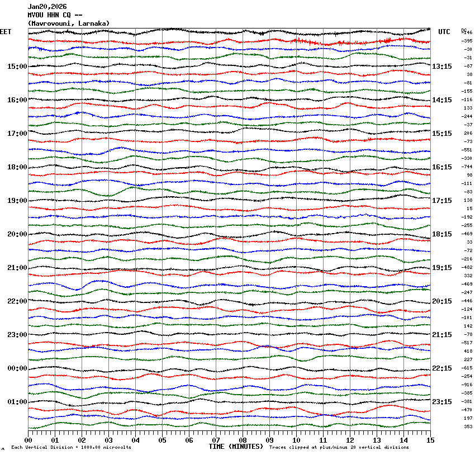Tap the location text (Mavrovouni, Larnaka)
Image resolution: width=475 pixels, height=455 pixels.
point(69,23)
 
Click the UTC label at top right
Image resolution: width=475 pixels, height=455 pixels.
point(444,32)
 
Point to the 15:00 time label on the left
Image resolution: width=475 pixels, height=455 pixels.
point(17,67)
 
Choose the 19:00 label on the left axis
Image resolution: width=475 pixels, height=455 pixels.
point(17,201)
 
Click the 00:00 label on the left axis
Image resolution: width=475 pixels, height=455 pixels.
point(17,368)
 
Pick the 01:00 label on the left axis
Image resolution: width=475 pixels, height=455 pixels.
point(17,402)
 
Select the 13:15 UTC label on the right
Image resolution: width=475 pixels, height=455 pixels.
point(442,67)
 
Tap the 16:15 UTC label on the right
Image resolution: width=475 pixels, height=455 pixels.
point(442,167)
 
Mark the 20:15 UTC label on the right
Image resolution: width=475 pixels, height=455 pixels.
point(442,301)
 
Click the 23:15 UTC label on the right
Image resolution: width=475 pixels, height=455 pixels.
point(442,402)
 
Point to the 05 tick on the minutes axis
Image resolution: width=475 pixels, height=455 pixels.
point(162,440)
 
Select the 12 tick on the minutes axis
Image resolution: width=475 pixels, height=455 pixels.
point(350,440)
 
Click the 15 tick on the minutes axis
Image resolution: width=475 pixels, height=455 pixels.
point(430,440)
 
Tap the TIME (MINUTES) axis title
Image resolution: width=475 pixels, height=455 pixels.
point(236,447)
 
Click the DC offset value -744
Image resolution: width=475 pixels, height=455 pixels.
point(467,167)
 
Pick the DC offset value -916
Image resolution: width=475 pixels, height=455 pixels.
point(467,385)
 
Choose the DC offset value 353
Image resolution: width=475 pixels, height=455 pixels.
point(468,426)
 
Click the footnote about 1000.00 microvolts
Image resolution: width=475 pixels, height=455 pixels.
point(72,447)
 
